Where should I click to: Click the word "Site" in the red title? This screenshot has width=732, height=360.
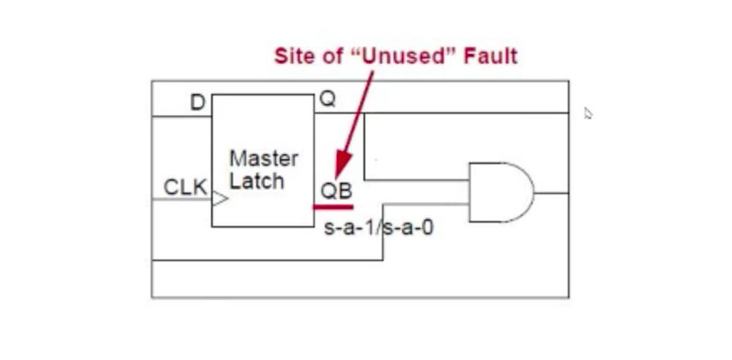point(294,56)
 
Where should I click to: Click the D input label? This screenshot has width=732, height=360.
point(198,103)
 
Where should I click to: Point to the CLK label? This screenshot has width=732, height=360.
point(185,188)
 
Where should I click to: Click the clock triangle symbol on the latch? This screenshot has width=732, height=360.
point(219,199)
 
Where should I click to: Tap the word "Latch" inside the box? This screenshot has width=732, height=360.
point(256,180)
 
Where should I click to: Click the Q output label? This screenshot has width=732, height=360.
point(327,100)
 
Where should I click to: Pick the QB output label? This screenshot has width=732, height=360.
point(336,190)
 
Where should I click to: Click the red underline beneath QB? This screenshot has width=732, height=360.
point(332,205)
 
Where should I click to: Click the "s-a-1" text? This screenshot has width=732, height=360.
point(351,227)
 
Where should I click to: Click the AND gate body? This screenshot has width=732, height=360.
point(498,192)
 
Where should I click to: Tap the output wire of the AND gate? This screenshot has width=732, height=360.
point(551,193)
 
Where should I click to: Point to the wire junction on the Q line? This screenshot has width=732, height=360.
point(364,113)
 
